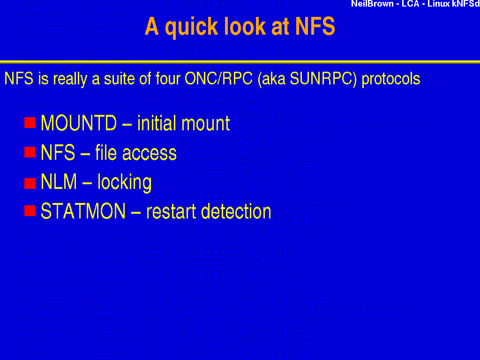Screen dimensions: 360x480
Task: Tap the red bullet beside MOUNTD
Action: click(x=30, y=123)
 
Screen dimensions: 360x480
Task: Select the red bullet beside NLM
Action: click(x=30, y=182)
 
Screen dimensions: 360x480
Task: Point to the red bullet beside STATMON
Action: click(x=30, y=211)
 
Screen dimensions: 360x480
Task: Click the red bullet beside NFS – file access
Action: click(x=30, y=152)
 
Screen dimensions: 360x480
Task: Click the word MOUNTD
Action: click(x=78, y=123)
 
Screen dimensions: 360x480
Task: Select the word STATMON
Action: click(x=83, y=211)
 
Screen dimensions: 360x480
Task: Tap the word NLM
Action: click(x=59, y=182)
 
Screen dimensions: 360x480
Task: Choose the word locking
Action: click(x=124, y=182)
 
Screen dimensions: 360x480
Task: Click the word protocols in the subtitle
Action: click(x=391, y=79)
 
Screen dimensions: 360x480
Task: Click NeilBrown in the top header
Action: click(x=372, y=4)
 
